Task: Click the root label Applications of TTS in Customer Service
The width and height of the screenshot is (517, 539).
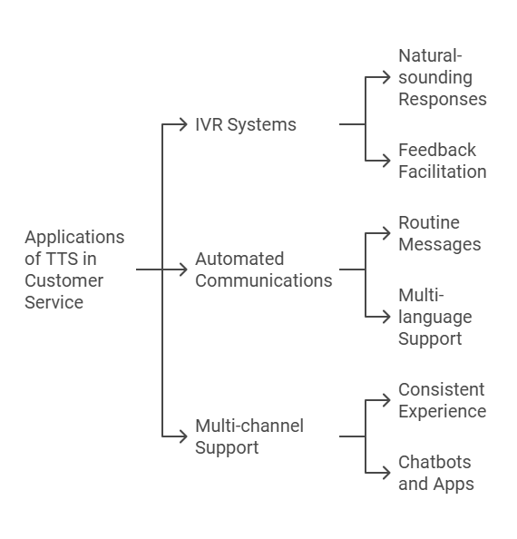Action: coord(74,269)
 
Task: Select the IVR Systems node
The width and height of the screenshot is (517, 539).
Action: coord(246,124)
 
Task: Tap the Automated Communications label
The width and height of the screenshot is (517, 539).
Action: coord(263,269)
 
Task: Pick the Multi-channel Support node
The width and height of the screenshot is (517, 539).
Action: coord(249,436)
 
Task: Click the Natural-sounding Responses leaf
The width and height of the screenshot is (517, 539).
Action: coord(443,77)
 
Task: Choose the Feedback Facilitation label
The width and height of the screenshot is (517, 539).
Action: coord(443,161)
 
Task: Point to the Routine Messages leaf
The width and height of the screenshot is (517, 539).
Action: coord(440,233)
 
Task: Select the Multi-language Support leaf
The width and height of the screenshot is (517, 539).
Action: coord(435,317)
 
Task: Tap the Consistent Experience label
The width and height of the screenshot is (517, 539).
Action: coord(443,400)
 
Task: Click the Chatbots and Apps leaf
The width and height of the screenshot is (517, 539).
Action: coord(436,473)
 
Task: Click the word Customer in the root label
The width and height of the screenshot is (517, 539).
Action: coord(63,280)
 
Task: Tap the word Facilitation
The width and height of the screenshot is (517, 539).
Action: coord(443,171)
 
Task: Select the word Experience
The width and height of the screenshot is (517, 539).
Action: coord(443,411)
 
